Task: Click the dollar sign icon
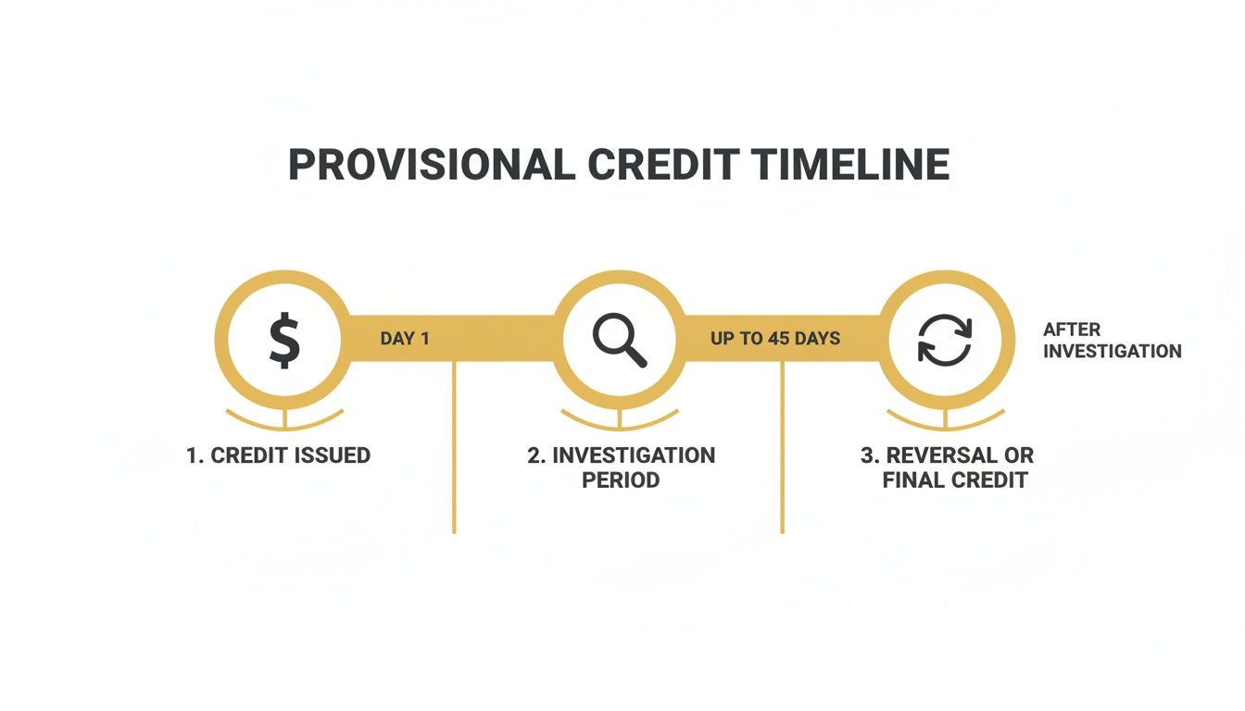(x=284, y=341)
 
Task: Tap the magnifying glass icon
(x=620, y=341)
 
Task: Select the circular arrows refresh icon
(x=945, y=341)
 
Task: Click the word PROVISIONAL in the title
(x=430, y=166)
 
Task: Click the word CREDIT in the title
(x=662, y=166)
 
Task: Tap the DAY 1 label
(x=405, y=339)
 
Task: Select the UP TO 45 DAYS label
(x=775, y=339)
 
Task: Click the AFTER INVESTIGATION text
(x=1112, y=341)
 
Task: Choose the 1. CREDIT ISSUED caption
(x=278, y=455)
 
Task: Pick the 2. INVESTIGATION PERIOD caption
(x=621, y=468)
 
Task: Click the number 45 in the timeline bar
(x=778, y=339)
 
